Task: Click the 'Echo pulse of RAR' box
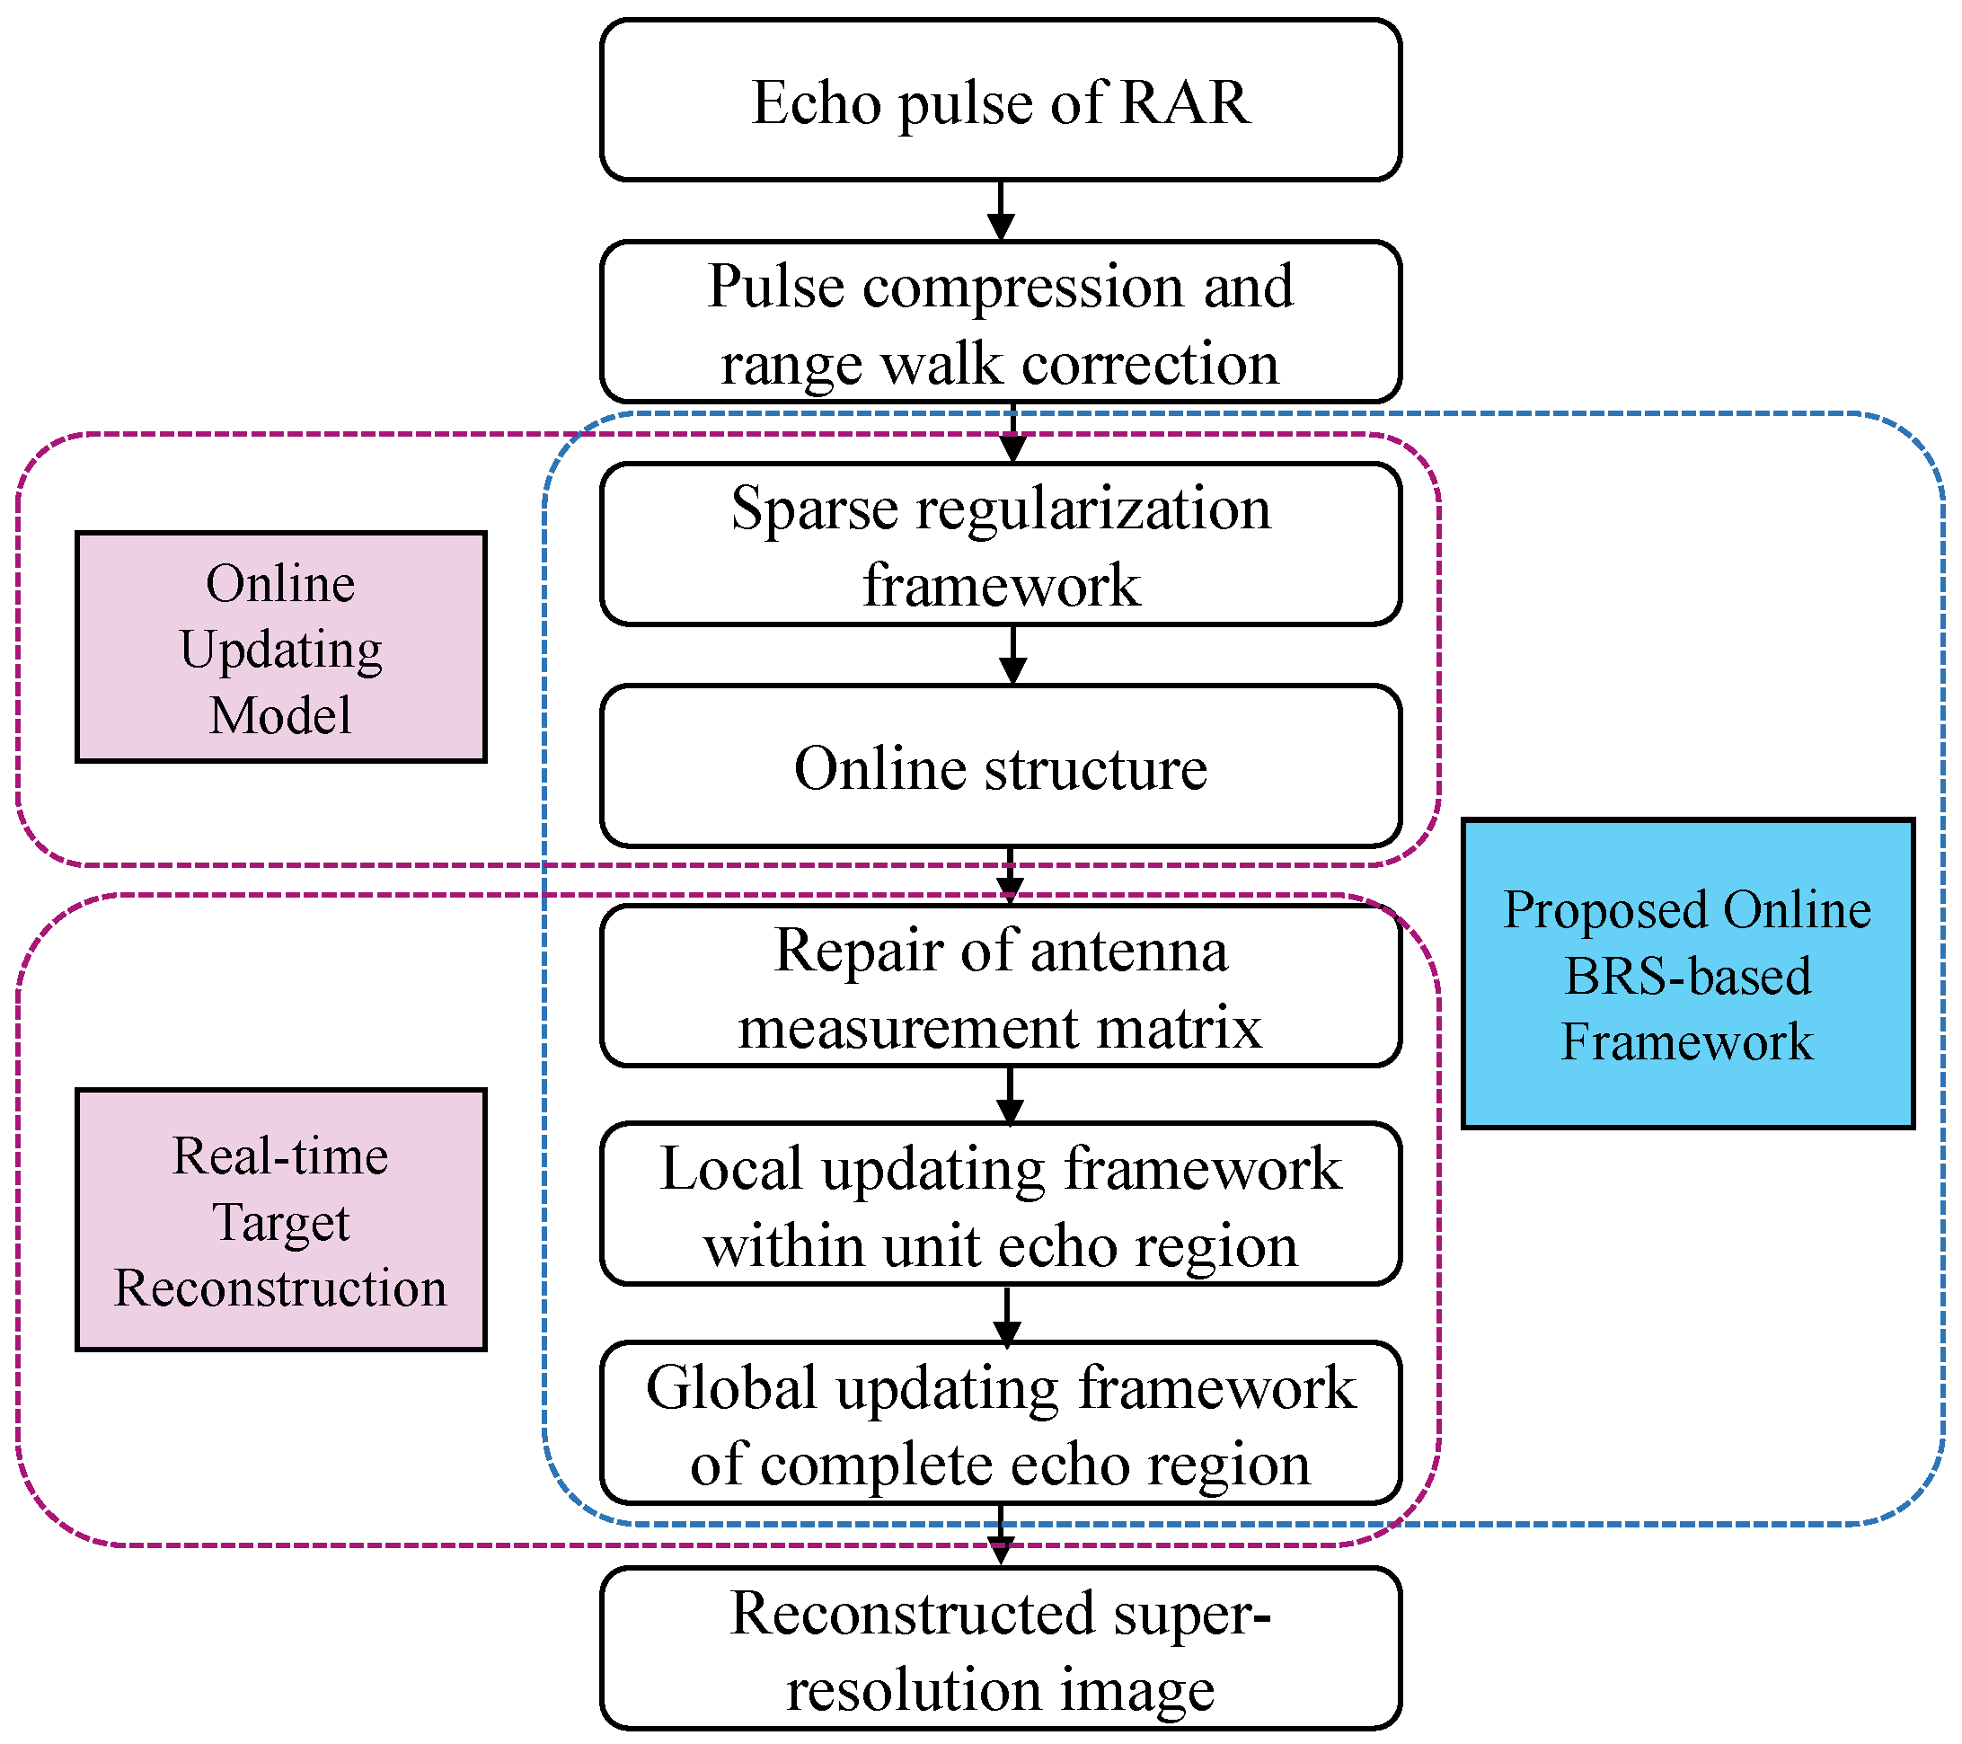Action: (1000, 100)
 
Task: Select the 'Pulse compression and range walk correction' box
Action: (1000, 323)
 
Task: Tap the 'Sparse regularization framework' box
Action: (1000, 545)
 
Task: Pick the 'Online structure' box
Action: (1000, 767)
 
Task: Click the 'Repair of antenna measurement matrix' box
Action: (1000, 987)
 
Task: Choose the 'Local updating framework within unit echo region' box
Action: (1000, 1205)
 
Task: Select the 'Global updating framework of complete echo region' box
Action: (1000, 1423)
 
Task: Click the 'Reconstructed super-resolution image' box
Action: (1000, 1650)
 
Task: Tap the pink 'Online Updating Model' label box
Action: (280, 648)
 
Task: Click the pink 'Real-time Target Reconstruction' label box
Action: (280, 1220)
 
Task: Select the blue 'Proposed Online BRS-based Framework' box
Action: (1686, 973)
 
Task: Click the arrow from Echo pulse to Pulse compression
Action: (1001, 211)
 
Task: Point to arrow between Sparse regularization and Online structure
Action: (1012, 656)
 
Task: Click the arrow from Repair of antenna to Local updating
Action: (1009, 1095)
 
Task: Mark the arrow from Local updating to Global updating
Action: (1006, 1315)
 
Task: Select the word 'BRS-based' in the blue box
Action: (1686, 976)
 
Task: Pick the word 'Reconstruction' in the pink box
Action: (280, 1288)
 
